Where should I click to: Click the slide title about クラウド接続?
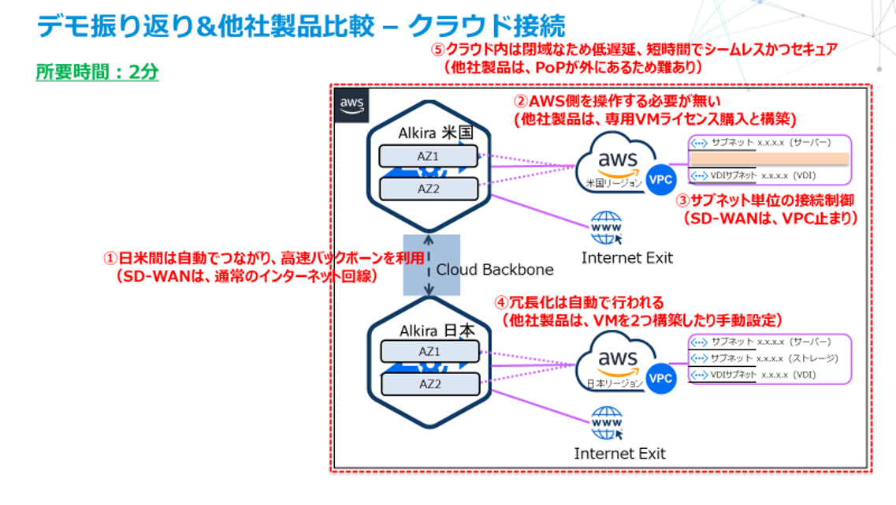(x=300, y=26)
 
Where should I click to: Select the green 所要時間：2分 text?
(x=97, y=72)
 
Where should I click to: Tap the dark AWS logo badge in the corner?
(x=351, y=105)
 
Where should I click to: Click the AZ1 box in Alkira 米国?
(x=429, y=156)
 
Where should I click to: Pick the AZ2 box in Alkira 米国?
(x=429, y=189)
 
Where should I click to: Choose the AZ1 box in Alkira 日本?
(x=429, y=351)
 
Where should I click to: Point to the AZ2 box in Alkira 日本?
(x=429, y=383)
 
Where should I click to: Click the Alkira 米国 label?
(x=429, y=130)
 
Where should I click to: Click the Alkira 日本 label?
(x=429, y=331)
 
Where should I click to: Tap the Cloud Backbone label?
(x=495, y=269)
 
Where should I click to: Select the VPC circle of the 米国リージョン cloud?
(x=660, y=179)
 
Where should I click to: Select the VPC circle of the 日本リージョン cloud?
(x=660, y=379)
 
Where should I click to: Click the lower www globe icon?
(x=606, y=423)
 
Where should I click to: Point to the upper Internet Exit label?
(x=627, y=258)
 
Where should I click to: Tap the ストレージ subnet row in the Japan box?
(x=771, y=358)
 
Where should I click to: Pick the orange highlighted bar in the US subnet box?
(x=769, y=159)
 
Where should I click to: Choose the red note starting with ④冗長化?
(x=638, y=311)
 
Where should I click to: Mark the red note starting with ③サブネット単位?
(x=767, y=209)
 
